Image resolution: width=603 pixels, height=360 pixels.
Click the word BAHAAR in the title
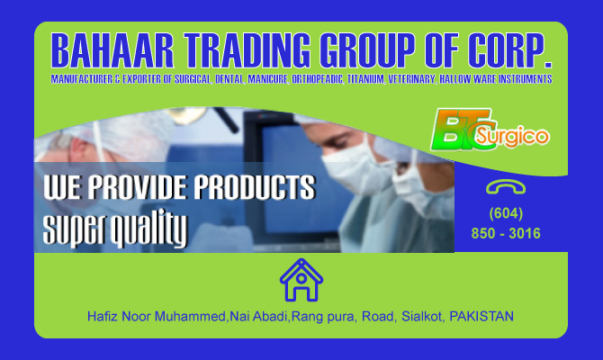(112, 50)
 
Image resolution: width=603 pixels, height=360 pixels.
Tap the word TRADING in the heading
(247, 50)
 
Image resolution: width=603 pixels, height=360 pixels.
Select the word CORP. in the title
(509, 50)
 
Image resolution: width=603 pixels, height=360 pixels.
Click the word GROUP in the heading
(368, 50)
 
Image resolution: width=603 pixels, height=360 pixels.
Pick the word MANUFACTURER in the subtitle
(82, 79)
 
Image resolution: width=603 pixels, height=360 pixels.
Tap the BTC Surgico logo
(490, 130)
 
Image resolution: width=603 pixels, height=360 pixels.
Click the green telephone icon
(506, 187)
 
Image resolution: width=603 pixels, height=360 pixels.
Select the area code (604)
(506, 213)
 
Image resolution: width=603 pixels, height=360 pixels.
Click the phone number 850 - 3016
(506, 233)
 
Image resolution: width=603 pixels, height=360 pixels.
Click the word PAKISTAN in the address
(481, 317)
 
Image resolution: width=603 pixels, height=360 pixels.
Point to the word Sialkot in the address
(423, 317)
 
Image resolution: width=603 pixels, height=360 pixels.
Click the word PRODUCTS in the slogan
(254, 187)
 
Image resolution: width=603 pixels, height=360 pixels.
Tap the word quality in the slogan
(149, 229)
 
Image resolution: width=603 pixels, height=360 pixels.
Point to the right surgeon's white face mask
(355, 171)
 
